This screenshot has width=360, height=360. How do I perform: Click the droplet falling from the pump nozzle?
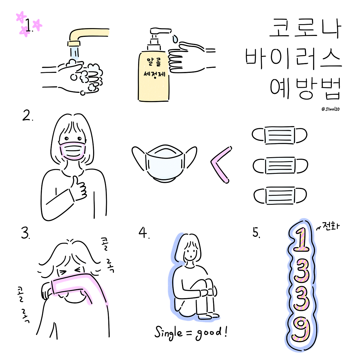(x=175, y=39)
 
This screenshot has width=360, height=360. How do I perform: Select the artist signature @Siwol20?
(x=330, y=109)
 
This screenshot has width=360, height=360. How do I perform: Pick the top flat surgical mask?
(x=279, y=135)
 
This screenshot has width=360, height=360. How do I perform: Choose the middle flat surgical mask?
(x=280, y=166)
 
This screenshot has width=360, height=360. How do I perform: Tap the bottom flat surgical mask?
(x=280, y=195)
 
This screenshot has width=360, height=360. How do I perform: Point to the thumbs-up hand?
(x=78, y=189)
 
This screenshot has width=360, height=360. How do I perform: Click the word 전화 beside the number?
(x=332, y=227)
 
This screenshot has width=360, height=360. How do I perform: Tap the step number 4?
(x=143, y=233)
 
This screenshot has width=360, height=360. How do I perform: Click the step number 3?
(x=25, y=233)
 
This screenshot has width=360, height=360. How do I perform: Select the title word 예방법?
(x=305, y=89)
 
